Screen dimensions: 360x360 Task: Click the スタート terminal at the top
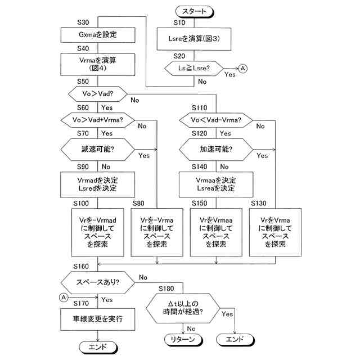(x=195, y=11)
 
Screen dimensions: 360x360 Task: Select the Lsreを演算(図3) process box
(x=195, y=40)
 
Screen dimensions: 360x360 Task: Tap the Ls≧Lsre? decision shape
(x=194, y=68)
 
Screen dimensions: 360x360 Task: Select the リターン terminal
(x=182, y=339)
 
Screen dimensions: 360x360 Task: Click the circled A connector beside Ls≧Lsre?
(x=243, y=68)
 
